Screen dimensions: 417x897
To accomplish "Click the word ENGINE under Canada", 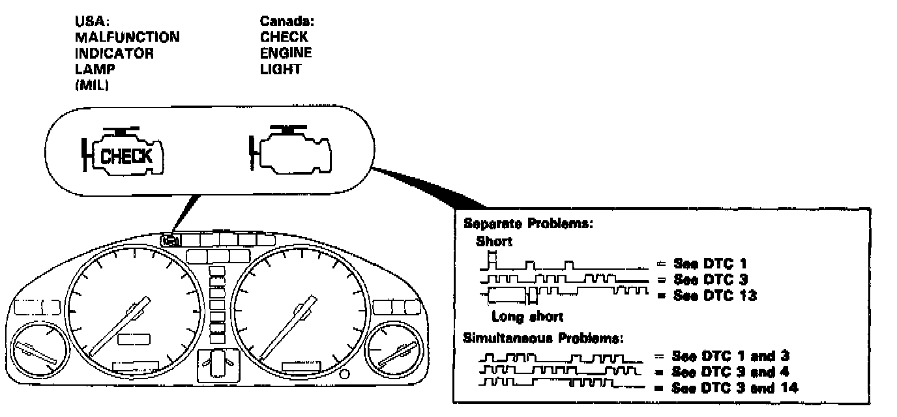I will coord(286,53).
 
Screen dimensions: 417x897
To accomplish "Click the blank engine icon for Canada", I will coord(292,154).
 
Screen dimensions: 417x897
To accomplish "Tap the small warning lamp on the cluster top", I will coord(168,240).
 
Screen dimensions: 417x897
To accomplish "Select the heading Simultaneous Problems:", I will coord(543,338).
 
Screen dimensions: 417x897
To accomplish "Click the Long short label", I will coord(527,317).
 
